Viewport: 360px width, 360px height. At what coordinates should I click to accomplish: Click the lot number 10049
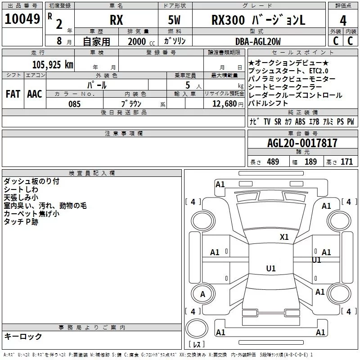[x=22, y=19]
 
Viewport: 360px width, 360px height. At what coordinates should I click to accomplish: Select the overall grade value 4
[x=343, y=20]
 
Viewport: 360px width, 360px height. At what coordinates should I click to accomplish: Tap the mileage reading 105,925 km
[x=53, y=65]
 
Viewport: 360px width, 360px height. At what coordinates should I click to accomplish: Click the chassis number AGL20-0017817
[x=302, y=143]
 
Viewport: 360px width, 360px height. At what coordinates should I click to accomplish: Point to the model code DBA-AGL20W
[x=258, y=41]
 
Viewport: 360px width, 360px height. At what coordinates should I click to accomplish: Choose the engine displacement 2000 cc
[x=141, y=41]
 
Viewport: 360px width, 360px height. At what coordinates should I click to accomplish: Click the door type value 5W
[x=174, y=20]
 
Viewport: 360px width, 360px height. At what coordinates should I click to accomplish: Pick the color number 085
[x=74, y=104]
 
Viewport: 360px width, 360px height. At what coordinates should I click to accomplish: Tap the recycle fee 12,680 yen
[x=228, y=104]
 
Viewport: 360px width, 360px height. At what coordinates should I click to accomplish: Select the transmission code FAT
[x=13, y=94]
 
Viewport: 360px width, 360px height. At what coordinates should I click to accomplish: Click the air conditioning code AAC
[x=35, y=94]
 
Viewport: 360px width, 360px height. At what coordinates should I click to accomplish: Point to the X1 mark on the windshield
[x=284, y=237]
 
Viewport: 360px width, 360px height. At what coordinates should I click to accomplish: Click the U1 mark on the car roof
[x=271, y=268]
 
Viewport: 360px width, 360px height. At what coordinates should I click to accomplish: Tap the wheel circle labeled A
[x=203, y=294]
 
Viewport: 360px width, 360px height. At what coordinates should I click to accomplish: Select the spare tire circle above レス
[x=197, y=328]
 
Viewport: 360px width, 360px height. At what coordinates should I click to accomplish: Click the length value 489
[x=273, y=162]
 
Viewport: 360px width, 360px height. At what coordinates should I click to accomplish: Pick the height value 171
[x=346, y=162]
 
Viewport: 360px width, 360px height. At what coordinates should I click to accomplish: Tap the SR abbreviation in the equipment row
[x=278, y=121]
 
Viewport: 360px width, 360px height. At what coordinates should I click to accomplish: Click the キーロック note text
[x=23, y=336]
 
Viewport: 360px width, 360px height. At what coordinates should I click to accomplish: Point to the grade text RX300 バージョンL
[x=258, y=20]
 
